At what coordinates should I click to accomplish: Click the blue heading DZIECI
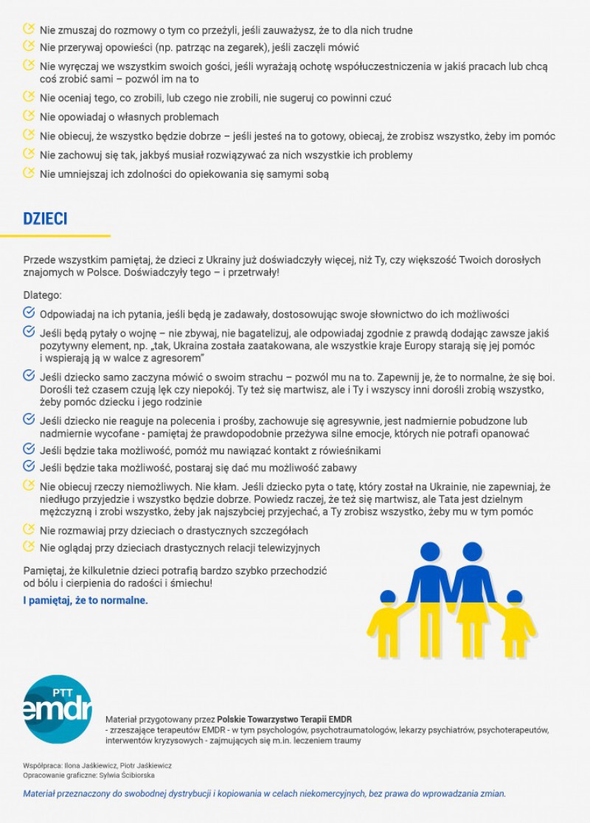pos(46,219)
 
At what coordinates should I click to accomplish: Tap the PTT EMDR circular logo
pos(58,709)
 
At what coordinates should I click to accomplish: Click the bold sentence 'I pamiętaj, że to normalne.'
pos(86,600)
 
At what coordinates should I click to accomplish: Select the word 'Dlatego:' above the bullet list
pos(43,296)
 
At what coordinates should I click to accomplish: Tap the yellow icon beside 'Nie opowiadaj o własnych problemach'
pos(29,116)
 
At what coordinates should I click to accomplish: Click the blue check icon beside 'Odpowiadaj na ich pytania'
pos(29,313)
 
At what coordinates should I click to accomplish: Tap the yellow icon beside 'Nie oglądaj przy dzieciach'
pos(29,547)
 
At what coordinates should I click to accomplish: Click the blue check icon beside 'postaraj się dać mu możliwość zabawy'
pos(29,467)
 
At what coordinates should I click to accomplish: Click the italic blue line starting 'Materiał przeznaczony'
pos(264,794)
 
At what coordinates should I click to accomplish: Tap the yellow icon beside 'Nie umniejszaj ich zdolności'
pos(29,173)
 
